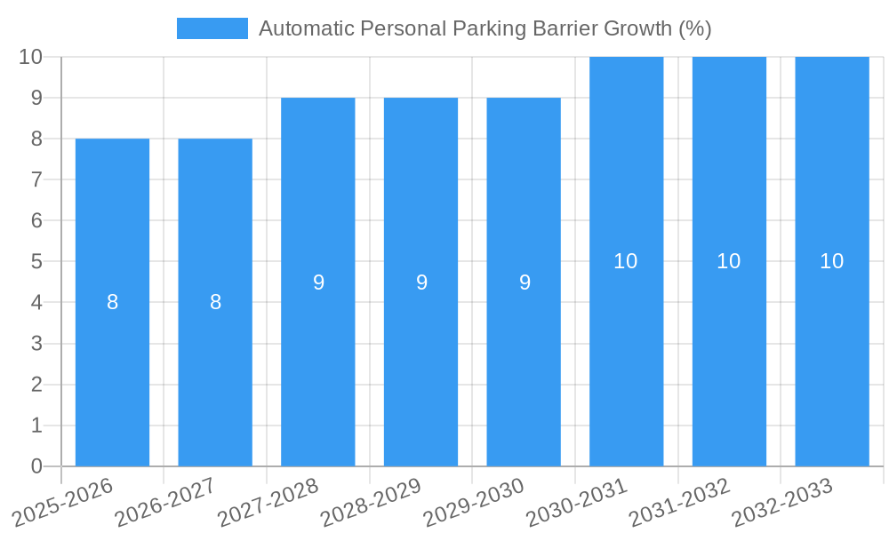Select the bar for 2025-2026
click(x=112, y=302)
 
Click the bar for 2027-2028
click(x=318, y=282)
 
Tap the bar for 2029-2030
click(x=524, y=282)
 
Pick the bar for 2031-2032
click(x=729, y=261)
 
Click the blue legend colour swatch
click(x=212, y=28)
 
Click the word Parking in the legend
click(x=490, y=28)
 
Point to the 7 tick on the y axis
click(x=36, y=179)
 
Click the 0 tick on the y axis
click(x=36, y=466)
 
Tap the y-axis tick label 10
click(x=30, y=57)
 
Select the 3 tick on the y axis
click(x=36, y=344)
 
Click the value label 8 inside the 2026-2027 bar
click(x=215, y=302)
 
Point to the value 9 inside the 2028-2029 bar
click(x=421, y=282)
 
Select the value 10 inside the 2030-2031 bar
click(x=626, y=261)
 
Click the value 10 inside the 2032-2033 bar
click(x=832, y=261)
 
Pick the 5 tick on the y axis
click(x=36, y=261)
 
